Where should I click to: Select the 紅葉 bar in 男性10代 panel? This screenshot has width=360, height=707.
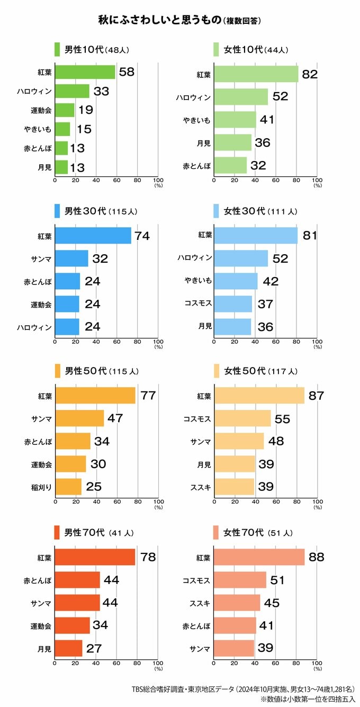tap(85, 72)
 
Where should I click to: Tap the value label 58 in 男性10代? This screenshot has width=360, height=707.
tap(127, 72)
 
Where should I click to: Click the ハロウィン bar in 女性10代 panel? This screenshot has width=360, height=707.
tap(241, 97)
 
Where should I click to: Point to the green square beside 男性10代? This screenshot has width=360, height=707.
tap(57, 50)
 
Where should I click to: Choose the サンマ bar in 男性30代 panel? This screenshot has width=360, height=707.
tap(71, 258)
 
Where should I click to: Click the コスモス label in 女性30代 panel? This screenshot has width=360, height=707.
tap(198, 304)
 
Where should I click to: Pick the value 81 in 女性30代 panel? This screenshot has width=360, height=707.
tap(310, 236)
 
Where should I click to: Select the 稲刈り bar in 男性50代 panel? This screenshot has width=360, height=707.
tap(68, 487)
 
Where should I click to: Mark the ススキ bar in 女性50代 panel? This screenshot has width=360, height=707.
tap(234, 487)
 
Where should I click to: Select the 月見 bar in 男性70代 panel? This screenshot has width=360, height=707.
tap(68, 648)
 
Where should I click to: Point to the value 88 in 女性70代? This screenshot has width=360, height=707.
tap(317, 557)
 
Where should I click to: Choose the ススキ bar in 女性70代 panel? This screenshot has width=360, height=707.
tap(237, 603)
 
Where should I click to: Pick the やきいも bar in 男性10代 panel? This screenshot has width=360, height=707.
tap(62, 129)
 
